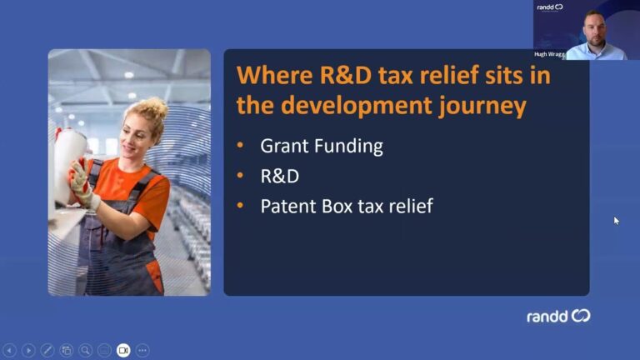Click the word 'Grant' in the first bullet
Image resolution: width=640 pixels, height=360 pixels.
coord(283,146)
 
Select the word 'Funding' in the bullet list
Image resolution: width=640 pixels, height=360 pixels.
coord(349,147)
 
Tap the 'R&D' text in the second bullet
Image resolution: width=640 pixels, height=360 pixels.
coord(280,177)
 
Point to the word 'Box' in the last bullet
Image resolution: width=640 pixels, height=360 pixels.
coord(337,206)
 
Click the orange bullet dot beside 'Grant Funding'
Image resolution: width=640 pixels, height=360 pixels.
coord(240,145)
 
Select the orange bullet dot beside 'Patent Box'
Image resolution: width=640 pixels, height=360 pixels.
coord(240,205)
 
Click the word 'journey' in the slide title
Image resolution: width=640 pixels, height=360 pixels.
coord(482,107)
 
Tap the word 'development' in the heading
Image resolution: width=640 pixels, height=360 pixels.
coord(357,107)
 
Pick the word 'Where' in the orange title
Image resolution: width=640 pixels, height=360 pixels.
coord(275,76)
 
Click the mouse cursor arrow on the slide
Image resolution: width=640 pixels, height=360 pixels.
coord(617,221)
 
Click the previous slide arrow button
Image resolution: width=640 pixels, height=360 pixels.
coord(9,350)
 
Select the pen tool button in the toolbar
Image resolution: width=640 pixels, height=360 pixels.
coord(47,350)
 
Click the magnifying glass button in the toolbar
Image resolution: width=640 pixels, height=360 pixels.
coord(85,350)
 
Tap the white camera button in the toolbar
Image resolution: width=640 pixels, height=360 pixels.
coord(123,350)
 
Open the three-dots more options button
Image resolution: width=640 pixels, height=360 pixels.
coord(142,350)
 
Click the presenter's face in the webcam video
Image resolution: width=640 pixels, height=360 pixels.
coord(594,32)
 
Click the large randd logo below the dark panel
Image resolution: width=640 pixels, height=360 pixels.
coord(558,316)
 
